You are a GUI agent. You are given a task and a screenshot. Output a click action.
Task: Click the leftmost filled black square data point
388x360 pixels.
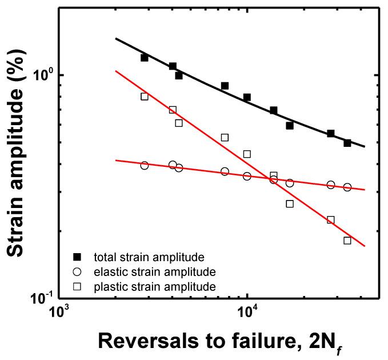145,58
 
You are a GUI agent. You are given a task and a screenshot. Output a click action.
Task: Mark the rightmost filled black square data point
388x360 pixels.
347,143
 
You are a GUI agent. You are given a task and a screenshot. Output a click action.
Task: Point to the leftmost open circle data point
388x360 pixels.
145,165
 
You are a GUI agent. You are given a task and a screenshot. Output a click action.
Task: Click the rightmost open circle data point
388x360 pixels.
347,187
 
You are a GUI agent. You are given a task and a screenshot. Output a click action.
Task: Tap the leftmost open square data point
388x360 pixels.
145,97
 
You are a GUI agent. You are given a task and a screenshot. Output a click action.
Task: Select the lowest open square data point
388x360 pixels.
347,241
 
